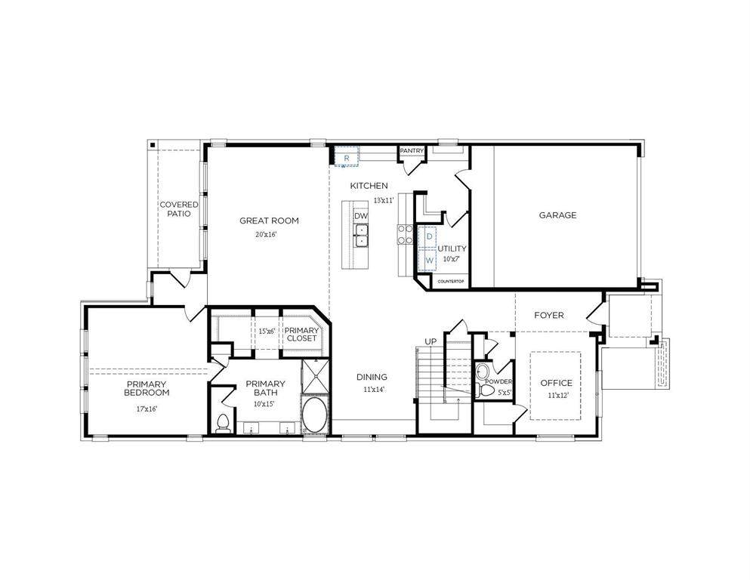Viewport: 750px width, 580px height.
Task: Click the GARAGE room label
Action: pos(557,215)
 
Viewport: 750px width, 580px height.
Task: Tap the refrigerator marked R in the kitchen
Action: pos(347,157)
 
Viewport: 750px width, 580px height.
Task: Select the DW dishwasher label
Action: pos(361,216)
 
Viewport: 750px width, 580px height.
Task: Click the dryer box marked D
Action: pos(428,236)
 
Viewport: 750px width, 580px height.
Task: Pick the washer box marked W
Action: pos(428,260)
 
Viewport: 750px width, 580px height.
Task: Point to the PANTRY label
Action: pos(412,150)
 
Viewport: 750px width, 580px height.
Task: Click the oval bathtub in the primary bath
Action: pos(315,415)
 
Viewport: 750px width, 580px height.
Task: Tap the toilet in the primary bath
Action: pos(222,423)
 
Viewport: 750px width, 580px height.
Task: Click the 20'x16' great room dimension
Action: pos(266,235)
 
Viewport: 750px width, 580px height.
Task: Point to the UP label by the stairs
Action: pos(431,341)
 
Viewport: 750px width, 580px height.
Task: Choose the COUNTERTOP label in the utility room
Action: pos(451,281)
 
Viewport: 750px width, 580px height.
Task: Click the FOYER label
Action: pos(548,316)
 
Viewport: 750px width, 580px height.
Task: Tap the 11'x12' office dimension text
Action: pos(557,396)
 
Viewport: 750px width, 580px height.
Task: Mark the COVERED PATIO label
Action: pos(178,209)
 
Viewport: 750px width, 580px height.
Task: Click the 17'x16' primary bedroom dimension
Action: pos(147,409)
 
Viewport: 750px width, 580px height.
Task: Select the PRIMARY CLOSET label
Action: pos(302,335)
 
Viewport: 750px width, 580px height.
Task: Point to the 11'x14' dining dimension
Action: pos(374,390)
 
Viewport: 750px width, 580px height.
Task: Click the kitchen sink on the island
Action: pos(361,236)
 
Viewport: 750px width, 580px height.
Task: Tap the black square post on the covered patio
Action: pos(152,144)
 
